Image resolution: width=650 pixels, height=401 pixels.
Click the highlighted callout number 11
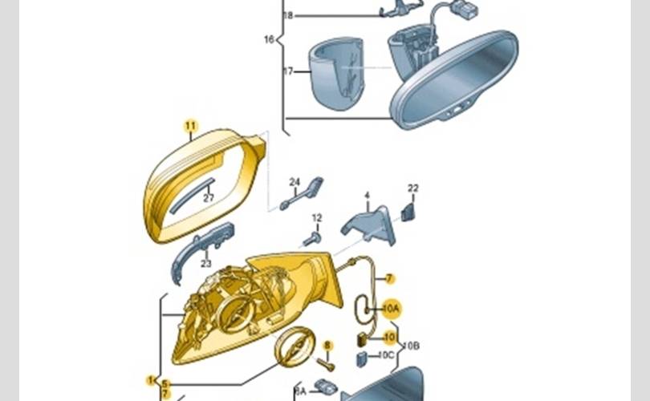[x=190, y=125]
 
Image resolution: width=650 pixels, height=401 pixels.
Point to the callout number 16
[x=269, y=38]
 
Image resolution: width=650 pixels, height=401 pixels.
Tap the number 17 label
[x=289, y=72]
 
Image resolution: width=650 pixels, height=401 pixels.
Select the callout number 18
[x=289, y=15]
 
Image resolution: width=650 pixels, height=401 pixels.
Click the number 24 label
[x=295, y=182]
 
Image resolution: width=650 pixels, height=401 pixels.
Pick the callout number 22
[x=413, y=188]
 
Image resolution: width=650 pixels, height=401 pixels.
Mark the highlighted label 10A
[x=391, y=307]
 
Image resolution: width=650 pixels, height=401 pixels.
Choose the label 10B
[x=412, y=346]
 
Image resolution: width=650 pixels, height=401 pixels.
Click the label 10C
[x=387, y=355]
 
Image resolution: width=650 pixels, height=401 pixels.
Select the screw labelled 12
[x=312, y=237]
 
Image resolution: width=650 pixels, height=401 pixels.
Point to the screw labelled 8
[x=327, y=363]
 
